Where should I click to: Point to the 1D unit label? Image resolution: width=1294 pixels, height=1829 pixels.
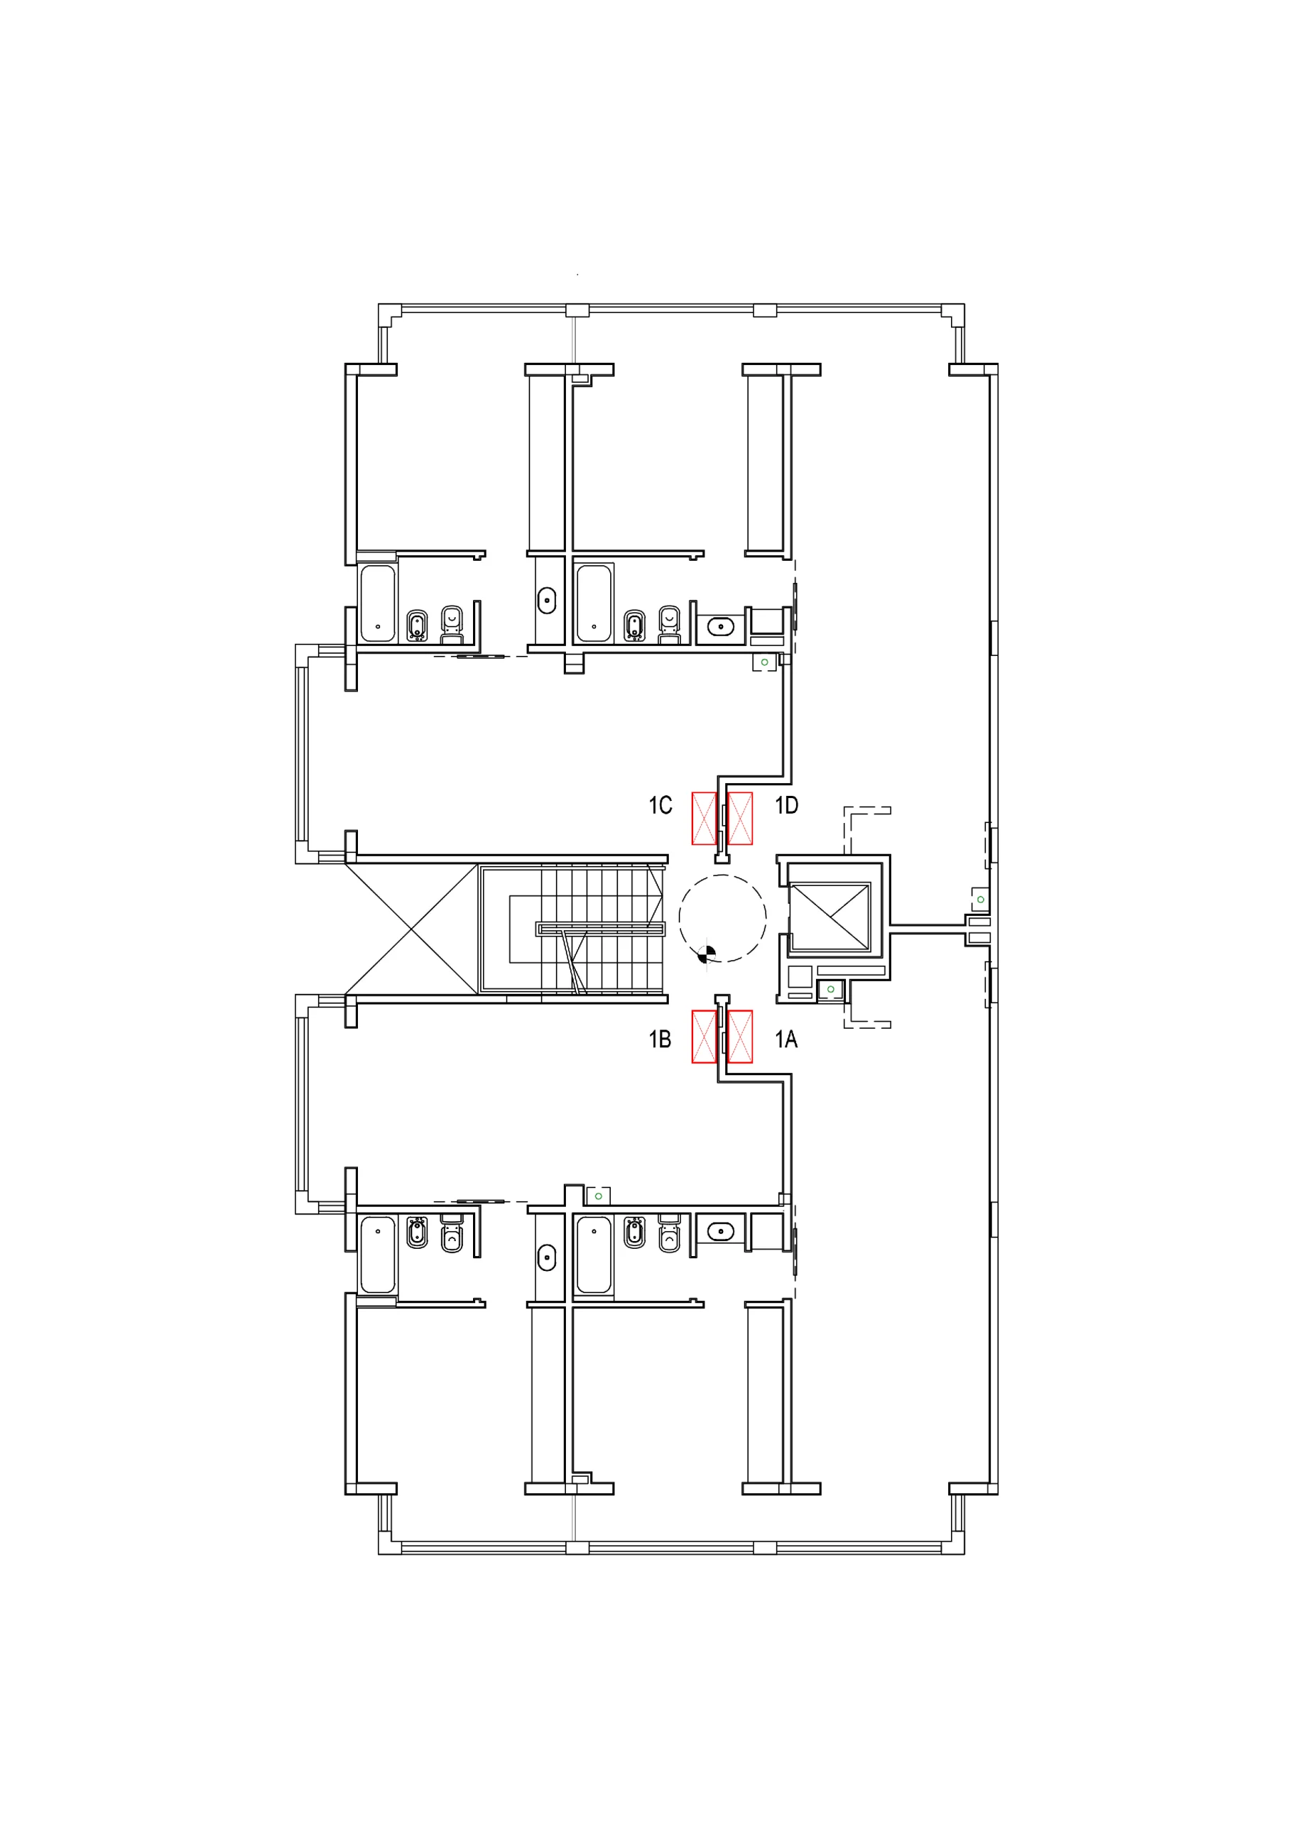(x=787, y=805)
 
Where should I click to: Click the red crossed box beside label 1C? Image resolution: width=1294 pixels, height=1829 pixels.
(x=704, y=818)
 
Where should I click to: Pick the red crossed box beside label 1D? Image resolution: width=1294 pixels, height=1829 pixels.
(x=740, y=818)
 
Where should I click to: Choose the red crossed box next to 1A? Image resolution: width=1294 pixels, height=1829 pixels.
(x=740, y=1037)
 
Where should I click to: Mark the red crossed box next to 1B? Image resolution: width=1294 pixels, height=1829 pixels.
(x=704, y=1037)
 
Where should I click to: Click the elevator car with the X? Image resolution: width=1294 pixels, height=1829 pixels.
(x=830, y=917)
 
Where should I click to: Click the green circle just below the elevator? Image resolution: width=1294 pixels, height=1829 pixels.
(x=831, y=990)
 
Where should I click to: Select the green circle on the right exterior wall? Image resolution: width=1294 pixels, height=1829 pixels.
(x=981, y=899)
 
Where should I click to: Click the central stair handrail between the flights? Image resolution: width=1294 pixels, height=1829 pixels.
(x=601, y=929)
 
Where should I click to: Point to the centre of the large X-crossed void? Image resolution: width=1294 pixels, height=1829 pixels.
(x=411, y=929)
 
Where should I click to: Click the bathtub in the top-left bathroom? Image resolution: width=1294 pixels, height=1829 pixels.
(x=378, y=604)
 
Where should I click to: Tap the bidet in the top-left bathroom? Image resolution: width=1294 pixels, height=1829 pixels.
(x=417, y=626)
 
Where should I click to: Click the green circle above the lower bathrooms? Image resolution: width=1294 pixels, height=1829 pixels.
(x=598, y=1197)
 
